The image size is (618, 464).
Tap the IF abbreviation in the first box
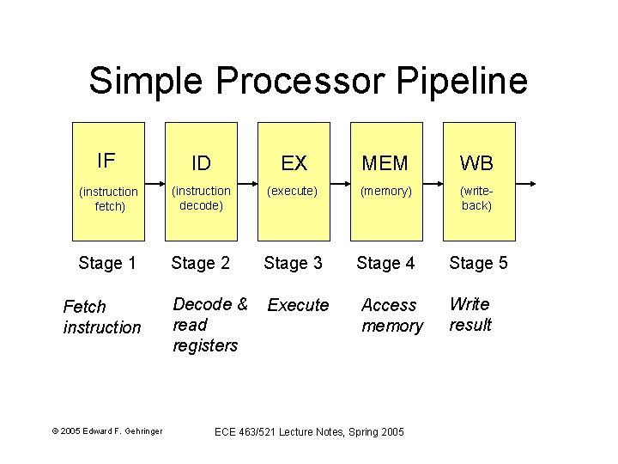(106, 161)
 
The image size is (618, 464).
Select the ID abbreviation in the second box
(201, 163)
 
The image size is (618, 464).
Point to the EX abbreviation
(294, 163)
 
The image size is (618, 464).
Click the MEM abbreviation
(385, 163)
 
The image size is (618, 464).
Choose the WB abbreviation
(477, 163)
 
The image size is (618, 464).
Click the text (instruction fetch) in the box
(108, 198)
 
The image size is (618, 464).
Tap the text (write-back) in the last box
(477, 198)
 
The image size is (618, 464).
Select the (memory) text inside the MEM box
(385, 191)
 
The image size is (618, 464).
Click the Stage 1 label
(107, 263)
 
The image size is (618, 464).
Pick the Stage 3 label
(293, 263)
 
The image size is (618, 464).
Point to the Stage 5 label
(478, 263)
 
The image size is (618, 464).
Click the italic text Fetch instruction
(101, 317)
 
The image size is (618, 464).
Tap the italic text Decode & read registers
(209, 325)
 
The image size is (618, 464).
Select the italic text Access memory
(391, 315)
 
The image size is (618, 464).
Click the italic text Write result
(470, 314)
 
